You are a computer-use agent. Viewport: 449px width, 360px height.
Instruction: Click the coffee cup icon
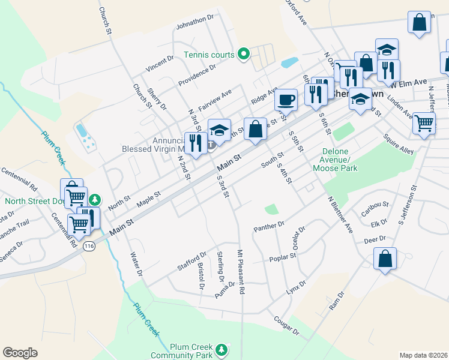point(286,99)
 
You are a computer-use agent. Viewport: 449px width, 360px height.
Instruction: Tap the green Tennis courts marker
point(243,55)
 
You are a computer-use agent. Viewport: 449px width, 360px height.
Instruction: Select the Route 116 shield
point(89,246)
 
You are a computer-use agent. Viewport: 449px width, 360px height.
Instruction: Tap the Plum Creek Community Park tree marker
point(222,349)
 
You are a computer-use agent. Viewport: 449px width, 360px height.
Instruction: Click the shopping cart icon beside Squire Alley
point(424,124)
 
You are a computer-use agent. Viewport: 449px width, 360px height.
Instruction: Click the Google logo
point(20,353)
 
